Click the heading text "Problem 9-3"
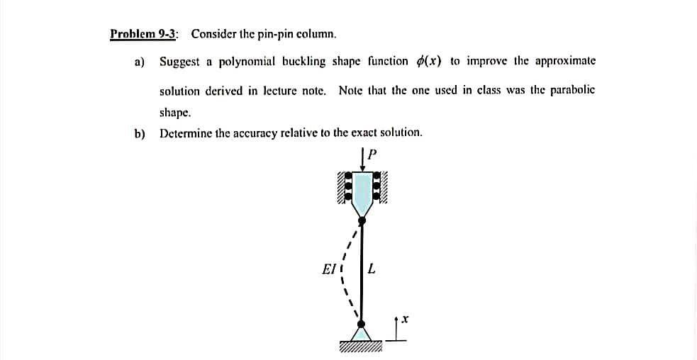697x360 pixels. tap(144, 34)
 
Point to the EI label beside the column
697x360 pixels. tap(328, 269)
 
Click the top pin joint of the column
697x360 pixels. tap(362, 221)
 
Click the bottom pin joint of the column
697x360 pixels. tap(362, 324)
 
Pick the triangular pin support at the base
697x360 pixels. tap(362, 333)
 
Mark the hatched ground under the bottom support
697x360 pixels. tap(361, 347)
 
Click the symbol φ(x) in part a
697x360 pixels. tap(428, 62)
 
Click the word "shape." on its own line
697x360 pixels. tap(174, 112)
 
